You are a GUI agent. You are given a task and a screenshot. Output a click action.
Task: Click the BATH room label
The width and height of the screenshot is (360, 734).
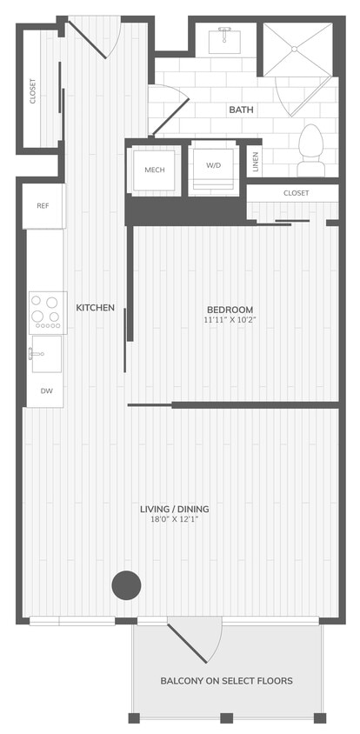click(240, 110)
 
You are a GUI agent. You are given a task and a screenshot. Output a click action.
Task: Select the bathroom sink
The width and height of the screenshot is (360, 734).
click(226, 38)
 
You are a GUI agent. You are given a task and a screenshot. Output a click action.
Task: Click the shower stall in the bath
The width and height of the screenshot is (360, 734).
click(297, 52)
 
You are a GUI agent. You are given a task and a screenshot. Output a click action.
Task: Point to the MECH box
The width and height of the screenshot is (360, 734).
click(155, 169)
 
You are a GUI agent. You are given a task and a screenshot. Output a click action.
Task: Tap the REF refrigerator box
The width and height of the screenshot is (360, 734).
click(43, 206)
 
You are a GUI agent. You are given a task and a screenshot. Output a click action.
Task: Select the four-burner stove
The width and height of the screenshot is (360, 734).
click(46, 310)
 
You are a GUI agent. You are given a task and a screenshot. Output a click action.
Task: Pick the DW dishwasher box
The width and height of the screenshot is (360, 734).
click(46, 391)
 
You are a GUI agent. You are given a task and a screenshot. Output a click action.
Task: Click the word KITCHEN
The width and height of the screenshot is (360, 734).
click(96, 308)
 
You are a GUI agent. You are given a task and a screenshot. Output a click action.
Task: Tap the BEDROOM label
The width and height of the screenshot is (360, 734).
click(230, 310)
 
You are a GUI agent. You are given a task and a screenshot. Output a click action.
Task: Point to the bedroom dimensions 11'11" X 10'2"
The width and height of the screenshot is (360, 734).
click(230, 320)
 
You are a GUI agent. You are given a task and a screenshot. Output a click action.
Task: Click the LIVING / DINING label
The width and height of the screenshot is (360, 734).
click(175, 509)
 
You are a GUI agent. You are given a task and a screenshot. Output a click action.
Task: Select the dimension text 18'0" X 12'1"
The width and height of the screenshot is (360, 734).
click(175, 520)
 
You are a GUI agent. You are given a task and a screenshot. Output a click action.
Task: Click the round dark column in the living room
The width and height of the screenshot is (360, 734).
click(126, 584)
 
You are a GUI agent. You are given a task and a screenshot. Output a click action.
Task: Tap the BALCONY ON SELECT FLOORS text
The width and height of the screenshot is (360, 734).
click(226, 681)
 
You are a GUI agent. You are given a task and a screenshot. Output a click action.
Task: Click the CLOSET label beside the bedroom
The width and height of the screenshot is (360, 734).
click(297, 193)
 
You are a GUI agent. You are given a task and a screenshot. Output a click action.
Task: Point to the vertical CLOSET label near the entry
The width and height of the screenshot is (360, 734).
click(33, 91)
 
